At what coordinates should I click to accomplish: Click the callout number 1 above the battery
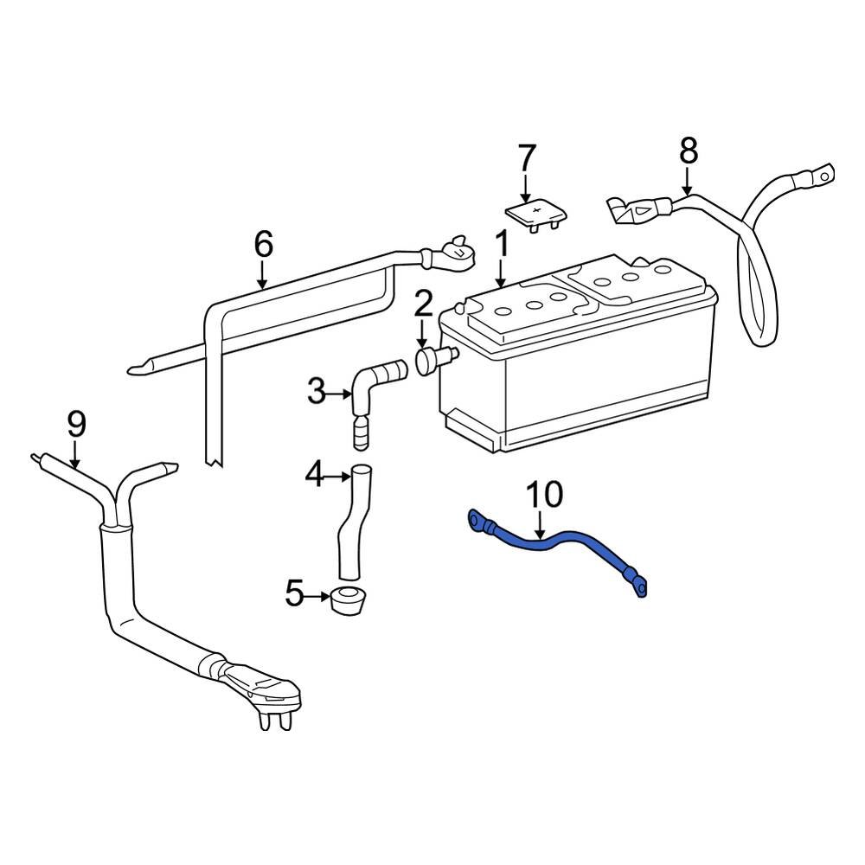coord(502,247)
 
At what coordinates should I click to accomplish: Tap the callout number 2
coord(423,304)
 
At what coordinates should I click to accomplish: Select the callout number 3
coord(317,393)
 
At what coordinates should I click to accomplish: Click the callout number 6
coord(263,246)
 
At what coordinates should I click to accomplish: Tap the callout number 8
coord(688,151)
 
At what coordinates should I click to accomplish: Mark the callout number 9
coord(76,424)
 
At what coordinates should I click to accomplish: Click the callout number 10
coord(545,495)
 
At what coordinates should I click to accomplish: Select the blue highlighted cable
coord(562,545)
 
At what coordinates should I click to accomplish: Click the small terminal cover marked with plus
coord(534,214)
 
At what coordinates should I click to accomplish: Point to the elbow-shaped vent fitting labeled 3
coord(372,385)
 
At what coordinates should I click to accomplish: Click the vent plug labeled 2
coord(429,358)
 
